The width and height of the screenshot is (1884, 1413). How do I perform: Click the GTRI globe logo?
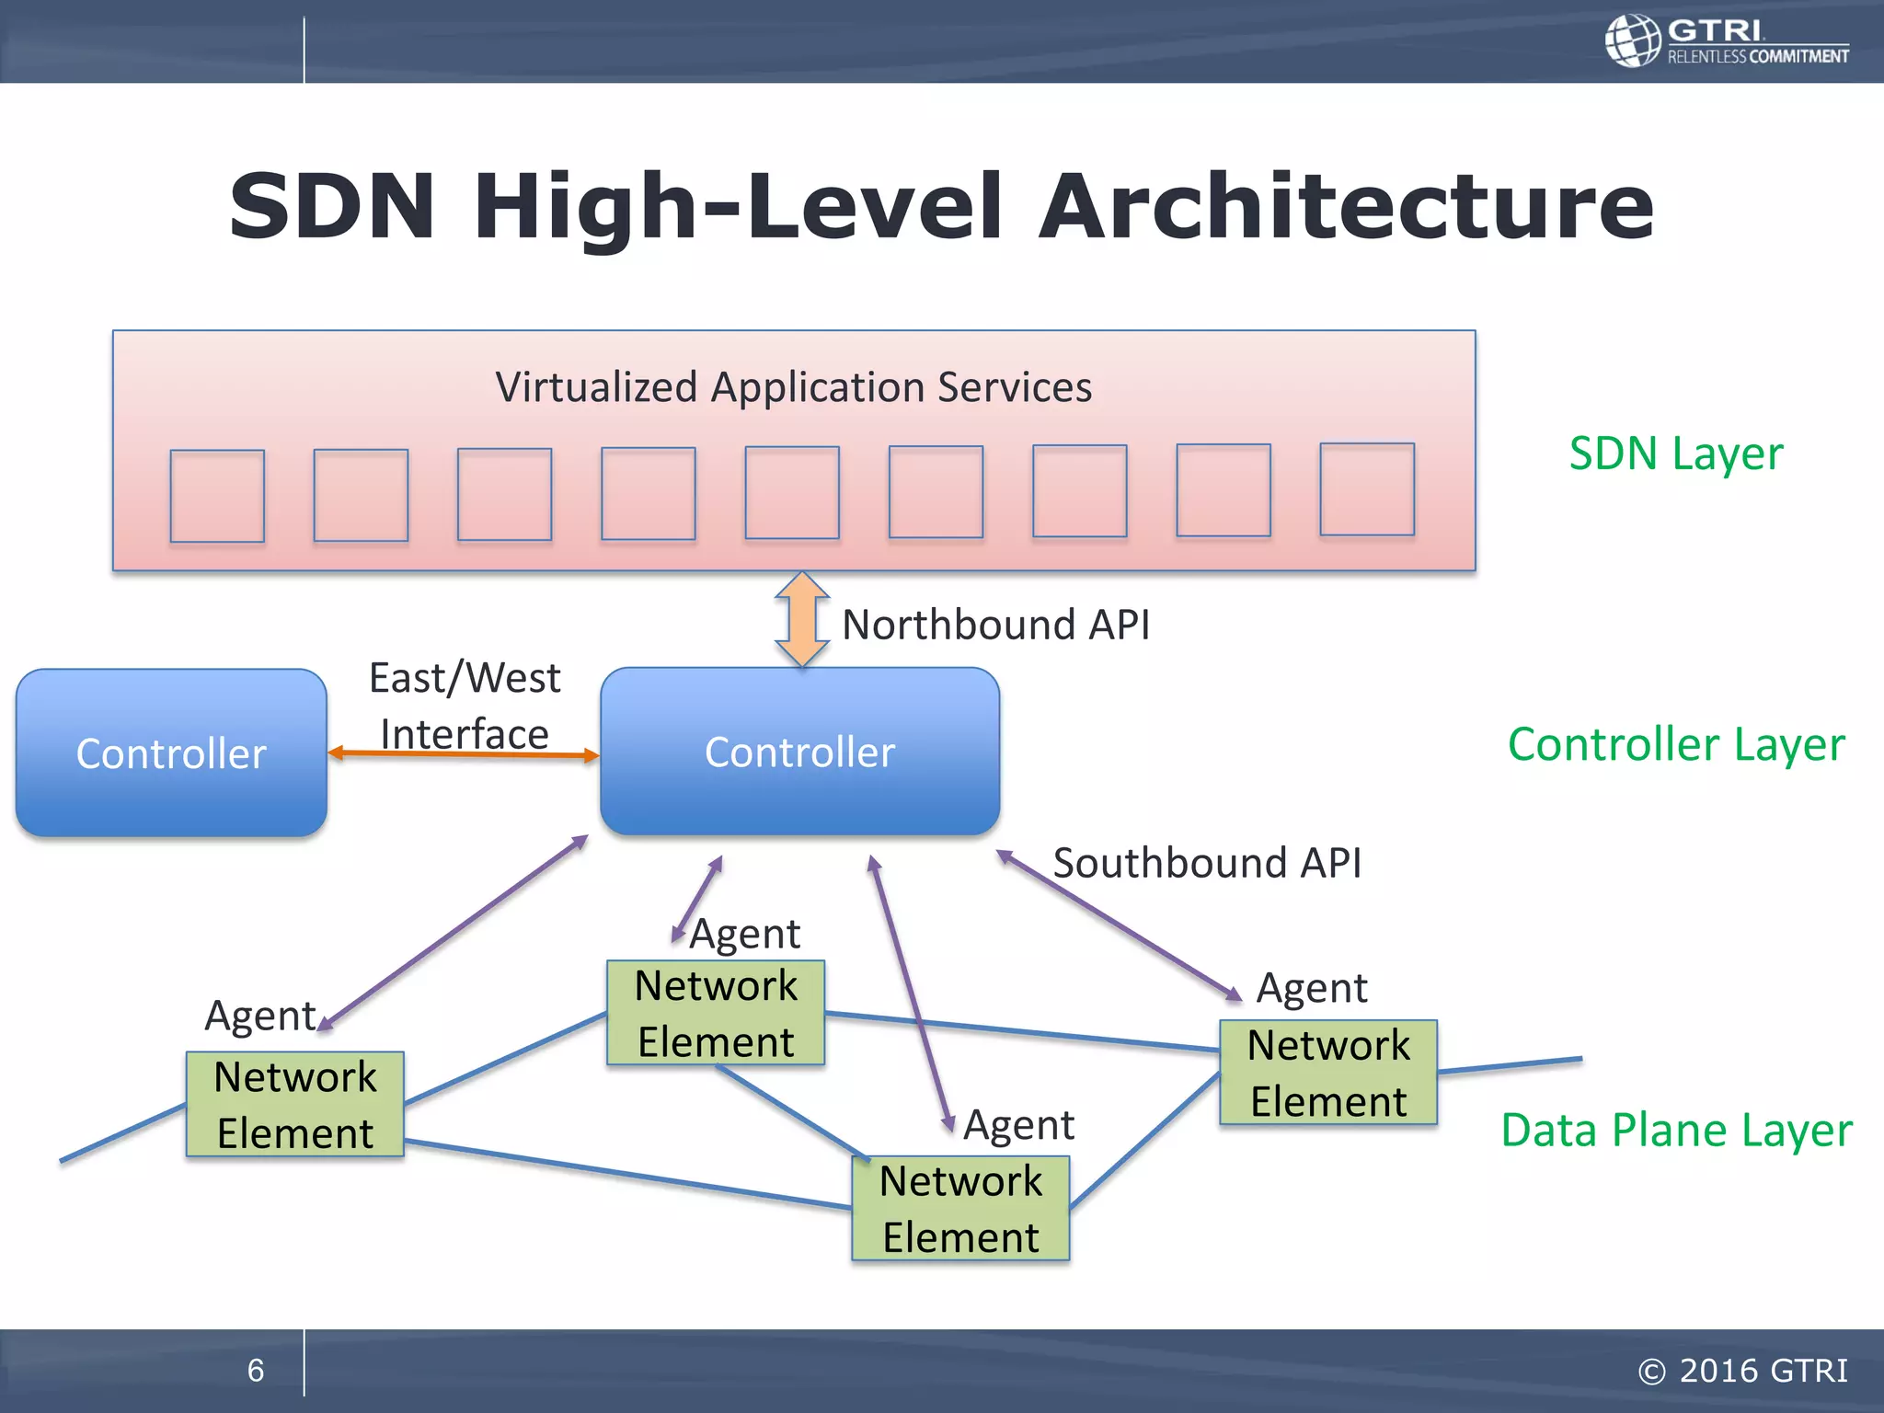click(x=1633, y=40)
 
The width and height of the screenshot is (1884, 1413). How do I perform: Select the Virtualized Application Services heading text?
click(x=793, y=387)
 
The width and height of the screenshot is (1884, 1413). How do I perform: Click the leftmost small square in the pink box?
click(x=217, y=496)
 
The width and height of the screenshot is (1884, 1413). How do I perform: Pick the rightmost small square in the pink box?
click(x=1367, y=489)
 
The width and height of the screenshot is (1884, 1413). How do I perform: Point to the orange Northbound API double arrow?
click(x=802, y=619)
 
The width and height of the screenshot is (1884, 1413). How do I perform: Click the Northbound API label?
click(x=995, y=625)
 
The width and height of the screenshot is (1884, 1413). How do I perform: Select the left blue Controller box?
click(x=171, y=752)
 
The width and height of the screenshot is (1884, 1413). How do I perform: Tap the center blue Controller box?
click(x=799, y=752)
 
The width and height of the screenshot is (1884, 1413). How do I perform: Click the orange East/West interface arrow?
click(x=464, y=754)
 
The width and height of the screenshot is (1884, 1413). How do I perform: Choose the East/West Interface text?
click(x=465, y=706)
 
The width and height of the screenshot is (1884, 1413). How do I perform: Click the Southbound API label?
click(x=1207, y=863)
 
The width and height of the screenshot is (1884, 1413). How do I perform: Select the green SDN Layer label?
click(x=1675, y=454)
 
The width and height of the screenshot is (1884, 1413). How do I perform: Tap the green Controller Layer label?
click(x=1676, y=744)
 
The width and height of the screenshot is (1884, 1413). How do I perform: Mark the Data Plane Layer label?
click(x=1676, y=1130)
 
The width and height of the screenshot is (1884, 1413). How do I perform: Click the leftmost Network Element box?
click(x=295, y=1104)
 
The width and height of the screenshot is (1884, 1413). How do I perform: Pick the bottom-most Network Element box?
click(x=960, y=1208)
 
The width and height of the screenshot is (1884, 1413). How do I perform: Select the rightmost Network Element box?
click(x=1328, y=1073)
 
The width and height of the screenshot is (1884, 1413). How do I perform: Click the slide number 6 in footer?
click(x=256, y=1371)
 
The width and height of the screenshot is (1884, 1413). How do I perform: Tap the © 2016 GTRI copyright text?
click(x=1742, y=1371)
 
